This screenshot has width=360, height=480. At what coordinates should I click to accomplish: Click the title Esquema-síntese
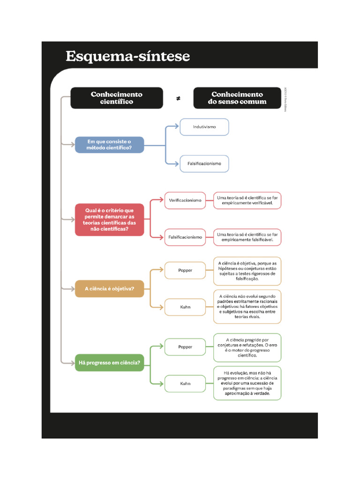pyautogui.click(x=127, y=56)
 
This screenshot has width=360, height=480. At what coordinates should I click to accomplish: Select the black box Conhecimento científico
pyautogui.click(x=116, y=98)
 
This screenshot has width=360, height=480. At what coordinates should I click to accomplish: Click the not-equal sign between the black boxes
pyautogui.click(x=178, y=98)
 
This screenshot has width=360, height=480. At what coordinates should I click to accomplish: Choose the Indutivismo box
pyautogui.click(x=204, y=127)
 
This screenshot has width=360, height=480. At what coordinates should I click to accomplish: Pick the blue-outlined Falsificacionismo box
pyautogui.click(x=204, y=164)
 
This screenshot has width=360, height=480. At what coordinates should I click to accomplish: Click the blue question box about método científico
pyautogui.click(x=109, y=145)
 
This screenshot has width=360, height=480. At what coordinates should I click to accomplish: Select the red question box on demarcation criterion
pyautogui.click(x=109, y=220)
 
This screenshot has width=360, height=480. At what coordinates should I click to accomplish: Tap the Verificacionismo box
pyautogui.click(x=185, y=200)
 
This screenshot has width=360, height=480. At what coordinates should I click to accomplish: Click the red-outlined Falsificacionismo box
pyautogui.click(x=185, y=237)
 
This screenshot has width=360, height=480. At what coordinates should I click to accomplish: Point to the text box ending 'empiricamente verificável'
pyautogui.click(x=247, y=201)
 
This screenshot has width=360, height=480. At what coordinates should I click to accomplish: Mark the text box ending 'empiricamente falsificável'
pyautogui.click(x=247, y=237)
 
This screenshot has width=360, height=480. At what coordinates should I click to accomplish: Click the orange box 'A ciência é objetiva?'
pyautogui.click(x=109, y=289)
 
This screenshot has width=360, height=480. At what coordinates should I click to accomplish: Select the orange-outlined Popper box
pyautogui.click(x=185, y=270)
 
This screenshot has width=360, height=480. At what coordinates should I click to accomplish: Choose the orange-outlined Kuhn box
pyautogui.click(x=185, y=307)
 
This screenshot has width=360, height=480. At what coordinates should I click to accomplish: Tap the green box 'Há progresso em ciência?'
pyautogui.click(x=109, y=362)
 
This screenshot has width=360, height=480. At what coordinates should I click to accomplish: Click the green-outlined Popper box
pyautogui.click(x=185, y=347)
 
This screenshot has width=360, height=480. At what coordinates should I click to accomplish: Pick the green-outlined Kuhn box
pyautogui.click(x=185, y=383)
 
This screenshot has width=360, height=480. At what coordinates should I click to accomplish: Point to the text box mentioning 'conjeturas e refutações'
pyautogui.click(x=247, y=347)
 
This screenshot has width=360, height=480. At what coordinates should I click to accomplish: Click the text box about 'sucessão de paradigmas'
pyautogui.click(x=247, y=383)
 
